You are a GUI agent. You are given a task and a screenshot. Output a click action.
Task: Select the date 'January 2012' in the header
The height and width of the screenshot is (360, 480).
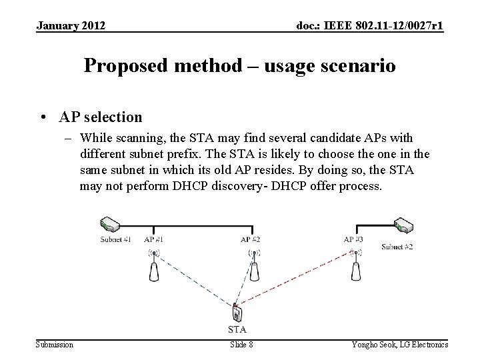[70, 26]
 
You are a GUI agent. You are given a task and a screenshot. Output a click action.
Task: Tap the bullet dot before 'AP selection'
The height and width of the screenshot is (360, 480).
[43, 118]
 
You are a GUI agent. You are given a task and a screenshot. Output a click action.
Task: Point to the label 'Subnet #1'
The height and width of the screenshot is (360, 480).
[115, 239]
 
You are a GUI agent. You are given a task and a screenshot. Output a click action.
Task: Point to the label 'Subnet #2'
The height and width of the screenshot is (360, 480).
[397, 247]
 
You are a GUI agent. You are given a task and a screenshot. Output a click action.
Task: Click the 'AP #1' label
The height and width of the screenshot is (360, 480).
[154, 239]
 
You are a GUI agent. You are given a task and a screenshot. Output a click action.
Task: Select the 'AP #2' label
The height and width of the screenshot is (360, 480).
[250, 239]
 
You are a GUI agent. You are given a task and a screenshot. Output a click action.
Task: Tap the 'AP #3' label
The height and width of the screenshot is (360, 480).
[353, 239]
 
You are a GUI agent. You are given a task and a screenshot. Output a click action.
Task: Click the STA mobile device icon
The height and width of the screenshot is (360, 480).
[237, 312]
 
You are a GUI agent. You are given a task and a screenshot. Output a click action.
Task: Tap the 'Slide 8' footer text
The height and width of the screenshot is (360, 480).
[241, 344]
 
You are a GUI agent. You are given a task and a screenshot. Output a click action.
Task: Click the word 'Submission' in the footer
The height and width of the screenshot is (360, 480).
[55, 344]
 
